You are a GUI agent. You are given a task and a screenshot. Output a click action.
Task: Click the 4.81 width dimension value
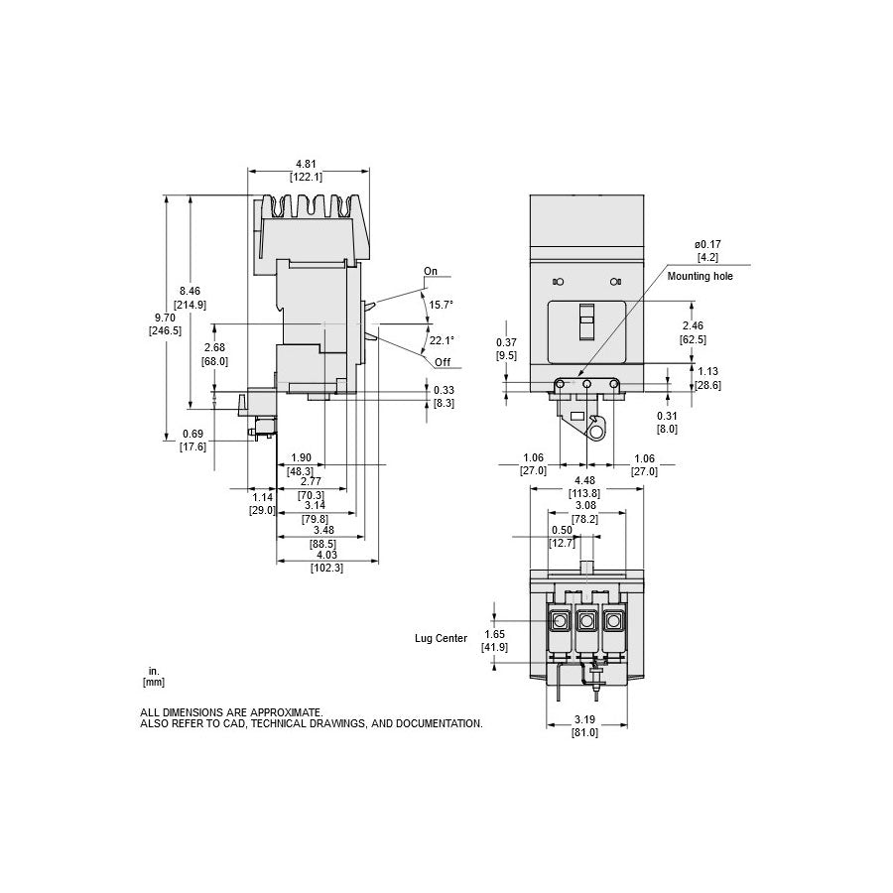306,164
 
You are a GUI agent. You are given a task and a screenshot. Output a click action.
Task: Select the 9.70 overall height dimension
165,318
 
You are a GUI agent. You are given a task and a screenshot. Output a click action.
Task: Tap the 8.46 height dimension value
190,291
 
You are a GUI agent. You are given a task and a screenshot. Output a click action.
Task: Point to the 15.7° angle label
441,305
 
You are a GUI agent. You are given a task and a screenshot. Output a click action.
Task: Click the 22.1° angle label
442,340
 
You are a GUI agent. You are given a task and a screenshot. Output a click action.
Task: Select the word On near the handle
431,271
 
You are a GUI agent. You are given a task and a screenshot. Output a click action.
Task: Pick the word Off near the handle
443,362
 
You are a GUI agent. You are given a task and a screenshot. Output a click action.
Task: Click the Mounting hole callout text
700,276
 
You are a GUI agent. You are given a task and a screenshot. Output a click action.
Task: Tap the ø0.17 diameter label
707,244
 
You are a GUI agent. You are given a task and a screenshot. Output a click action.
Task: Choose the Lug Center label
441,638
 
